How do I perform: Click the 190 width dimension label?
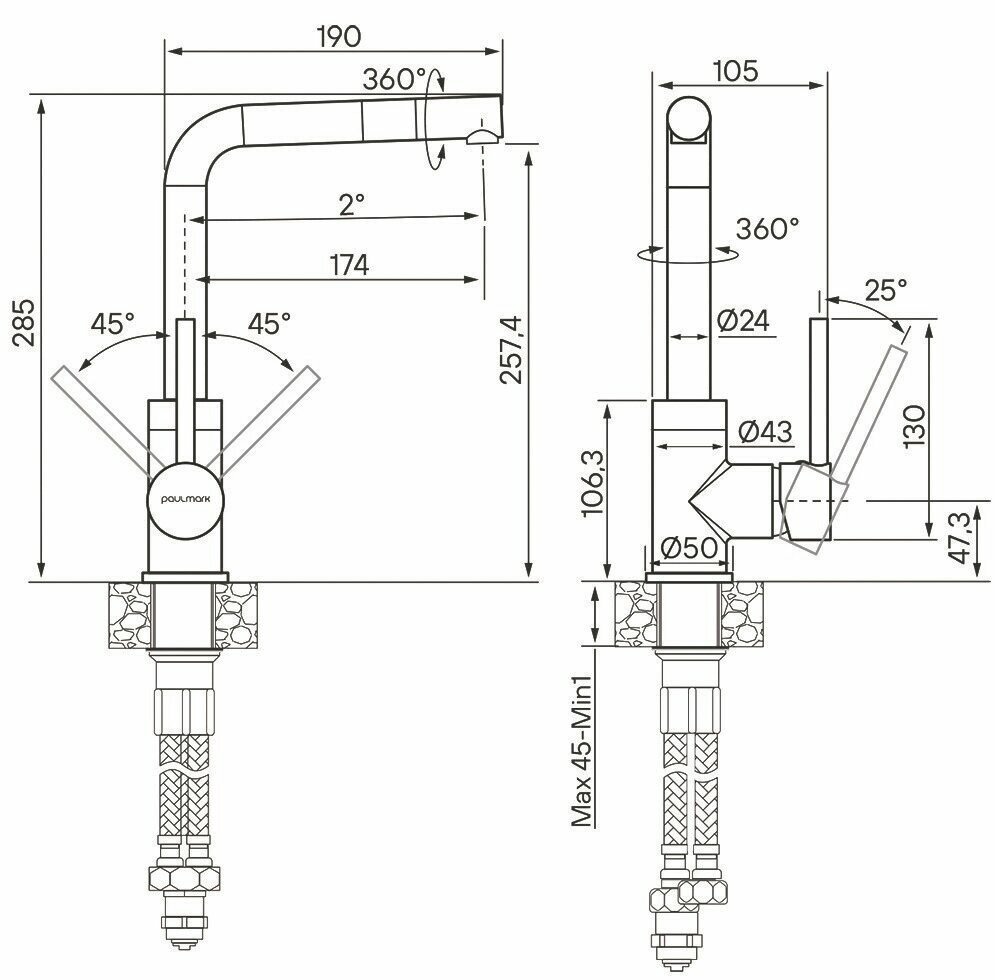(337, 36)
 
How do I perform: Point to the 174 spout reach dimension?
(347, 265)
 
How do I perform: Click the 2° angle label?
(351, 205)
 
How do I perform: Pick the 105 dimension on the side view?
(737, 71)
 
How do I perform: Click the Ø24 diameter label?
(742, 321)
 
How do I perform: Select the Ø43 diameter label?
(765, 431)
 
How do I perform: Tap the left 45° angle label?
(112, 323)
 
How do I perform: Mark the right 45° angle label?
(269, 323)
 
